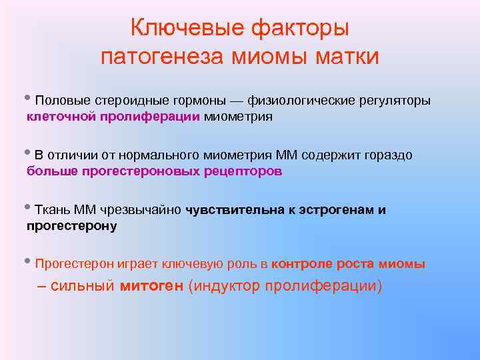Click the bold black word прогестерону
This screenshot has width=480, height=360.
[71, 226]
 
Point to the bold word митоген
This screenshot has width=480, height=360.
[153, 287]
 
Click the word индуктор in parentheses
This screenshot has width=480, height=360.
[225, 287]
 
